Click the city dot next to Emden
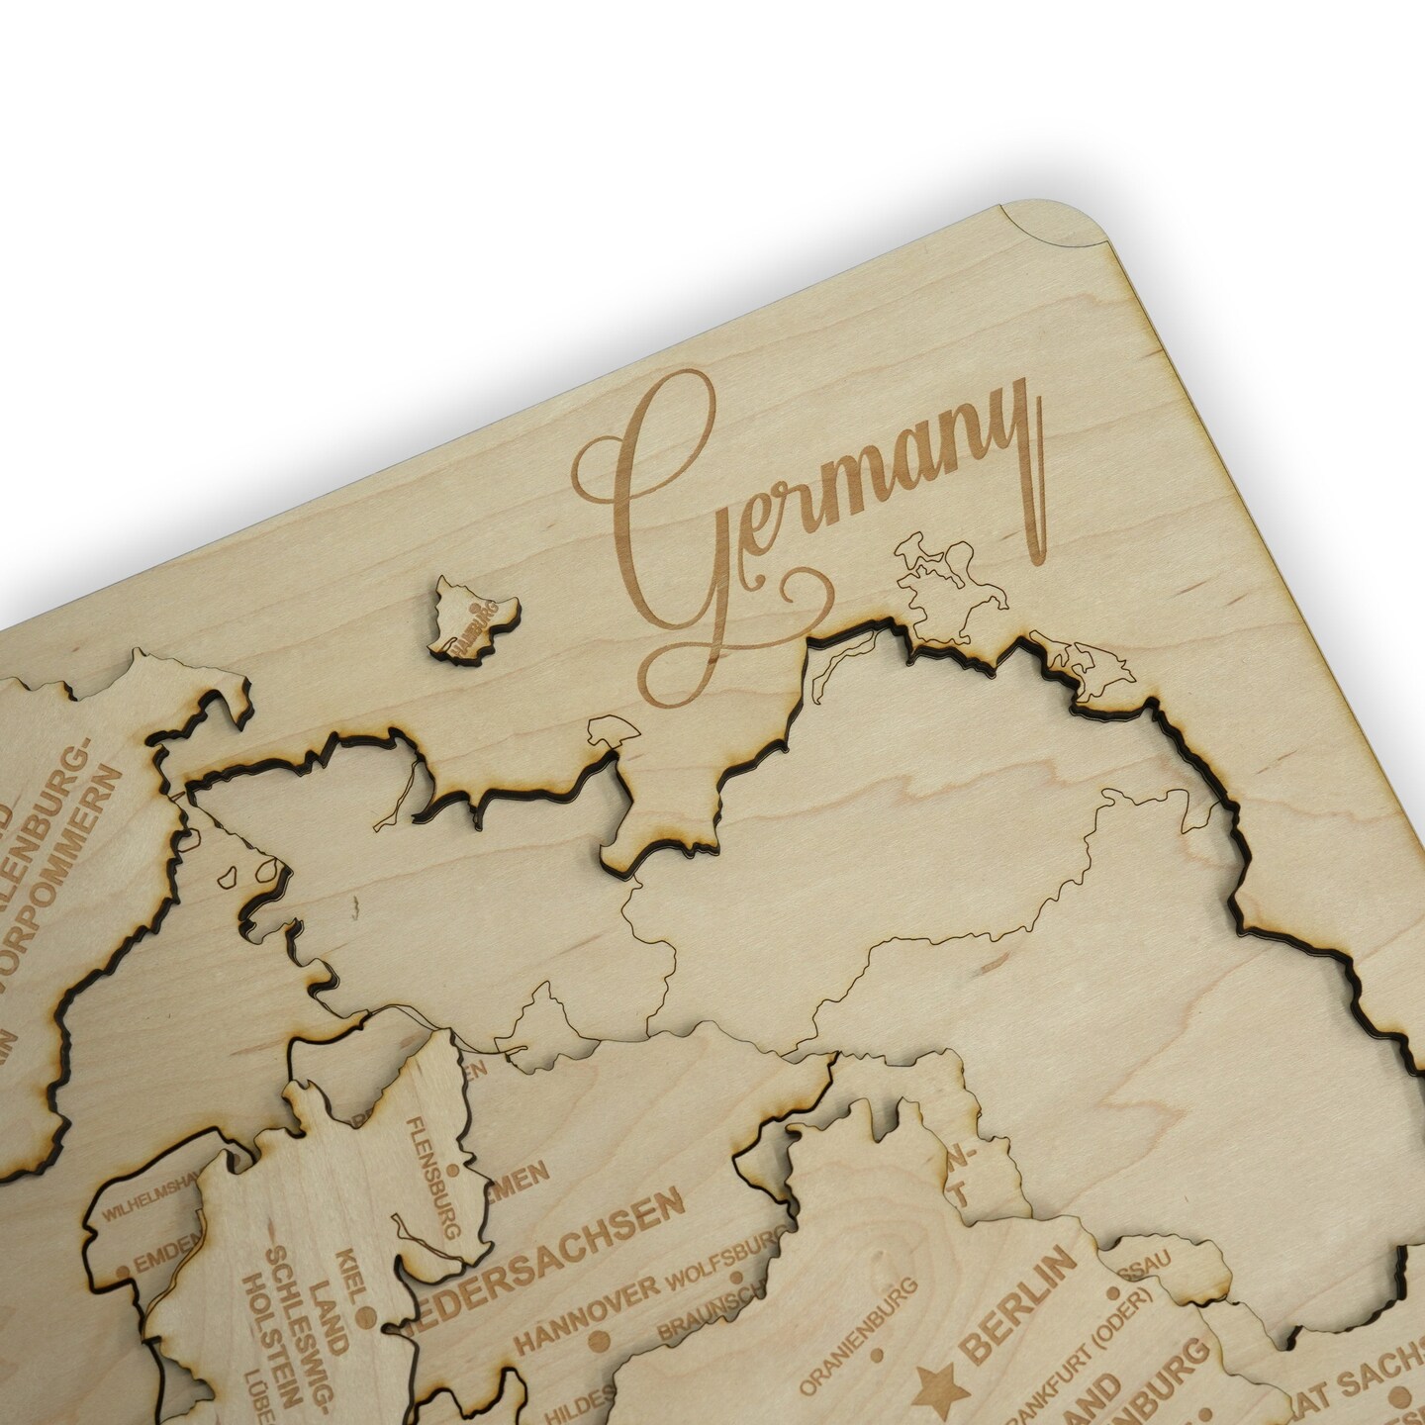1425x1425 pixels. [x=123, y=1269]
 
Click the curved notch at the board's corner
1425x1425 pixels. [x=1029, y=218]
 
